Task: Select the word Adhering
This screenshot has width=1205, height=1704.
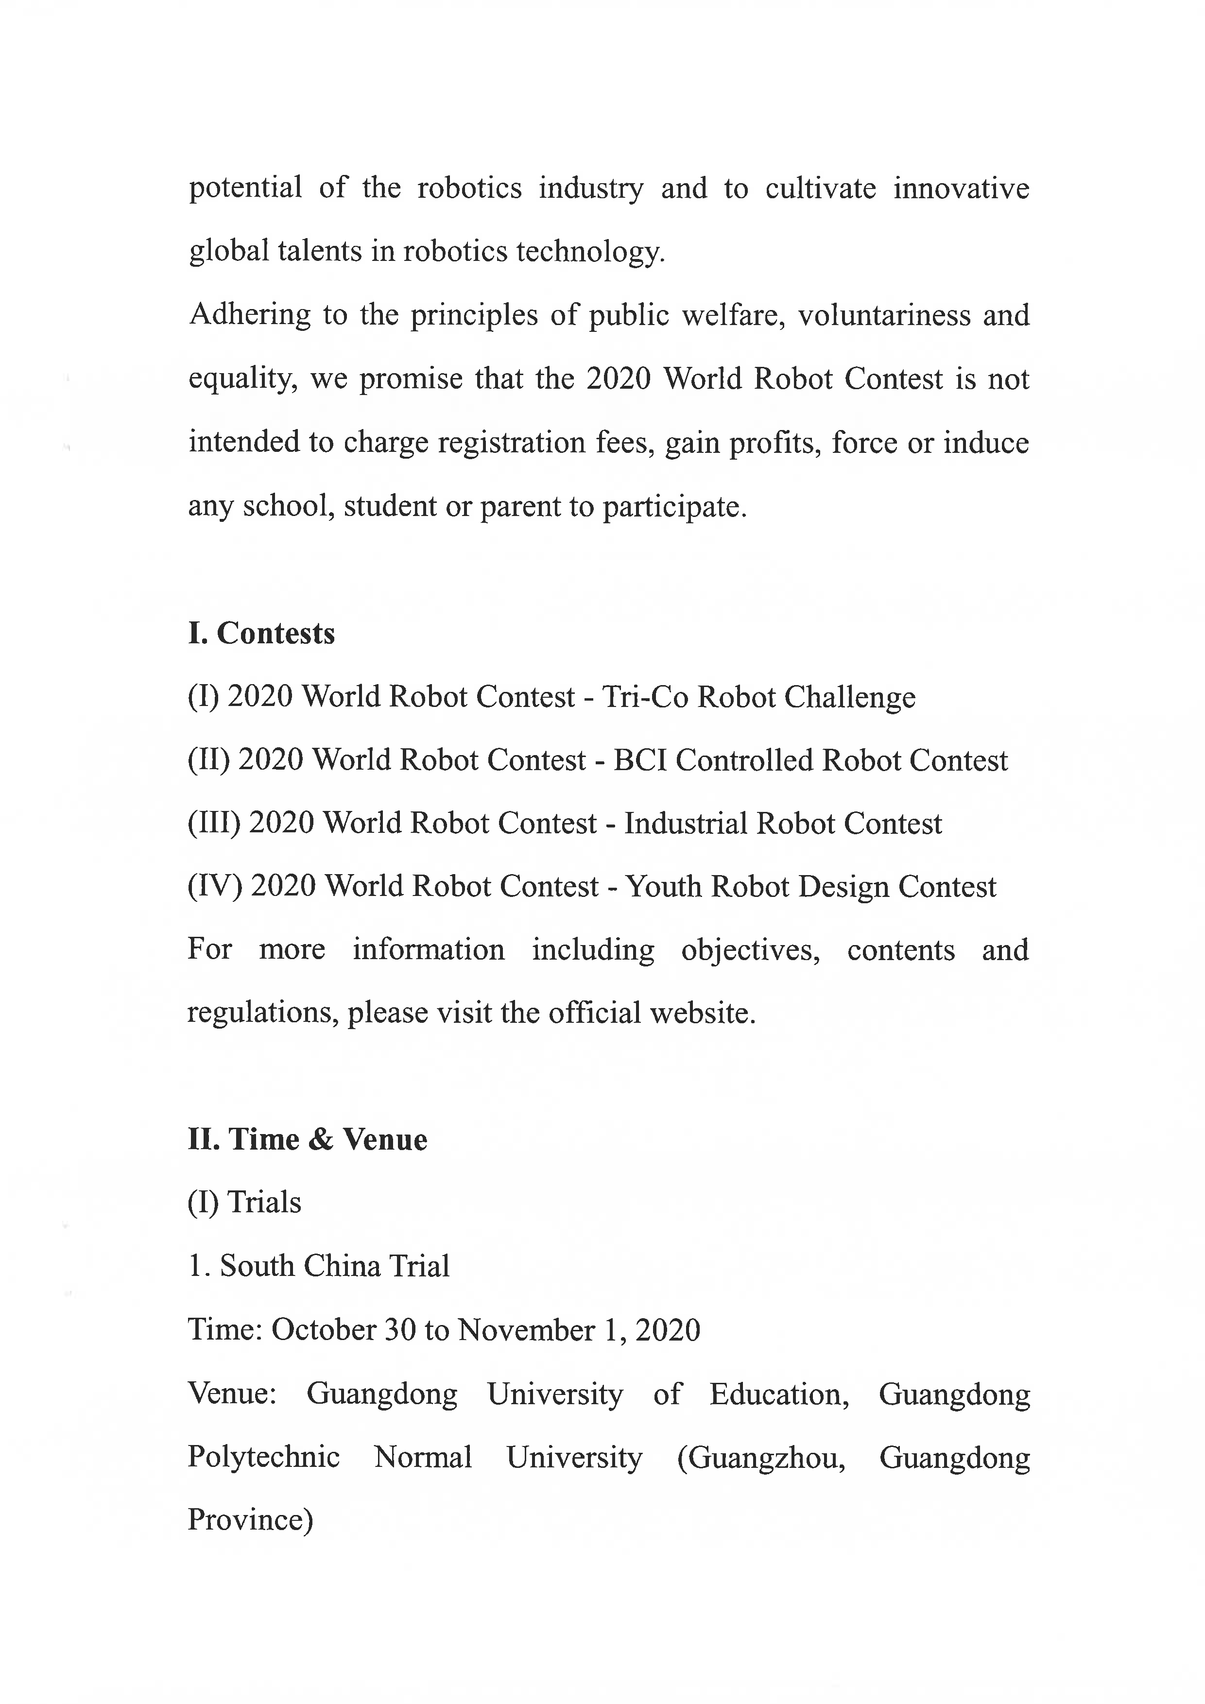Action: point(250,315)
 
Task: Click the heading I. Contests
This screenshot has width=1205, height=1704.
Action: point(261,633)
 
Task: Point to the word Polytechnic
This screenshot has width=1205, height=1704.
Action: point(263,1457)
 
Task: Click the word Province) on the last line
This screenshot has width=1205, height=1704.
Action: point(250,1520)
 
